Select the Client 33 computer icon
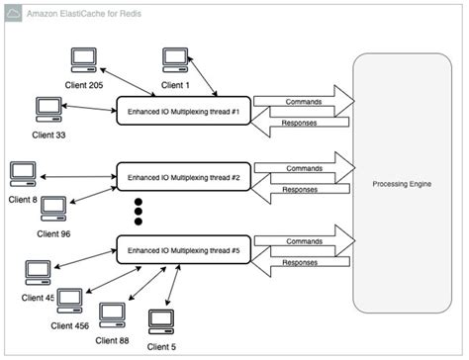[47, 108]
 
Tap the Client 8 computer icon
[21, 174]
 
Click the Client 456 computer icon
[69, 300]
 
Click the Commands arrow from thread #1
[302, 101]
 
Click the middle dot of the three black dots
[139, 211]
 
